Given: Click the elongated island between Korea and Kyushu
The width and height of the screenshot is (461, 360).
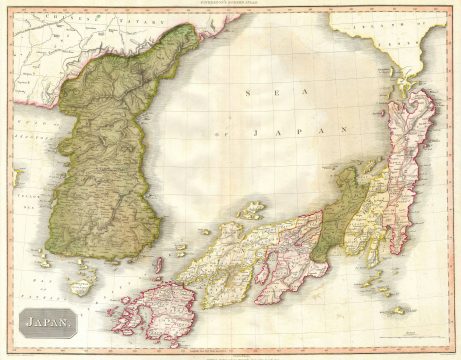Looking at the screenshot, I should tap(157, 266).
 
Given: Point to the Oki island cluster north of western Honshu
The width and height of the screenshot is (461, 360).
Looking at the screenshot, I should tap(251, 211).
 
